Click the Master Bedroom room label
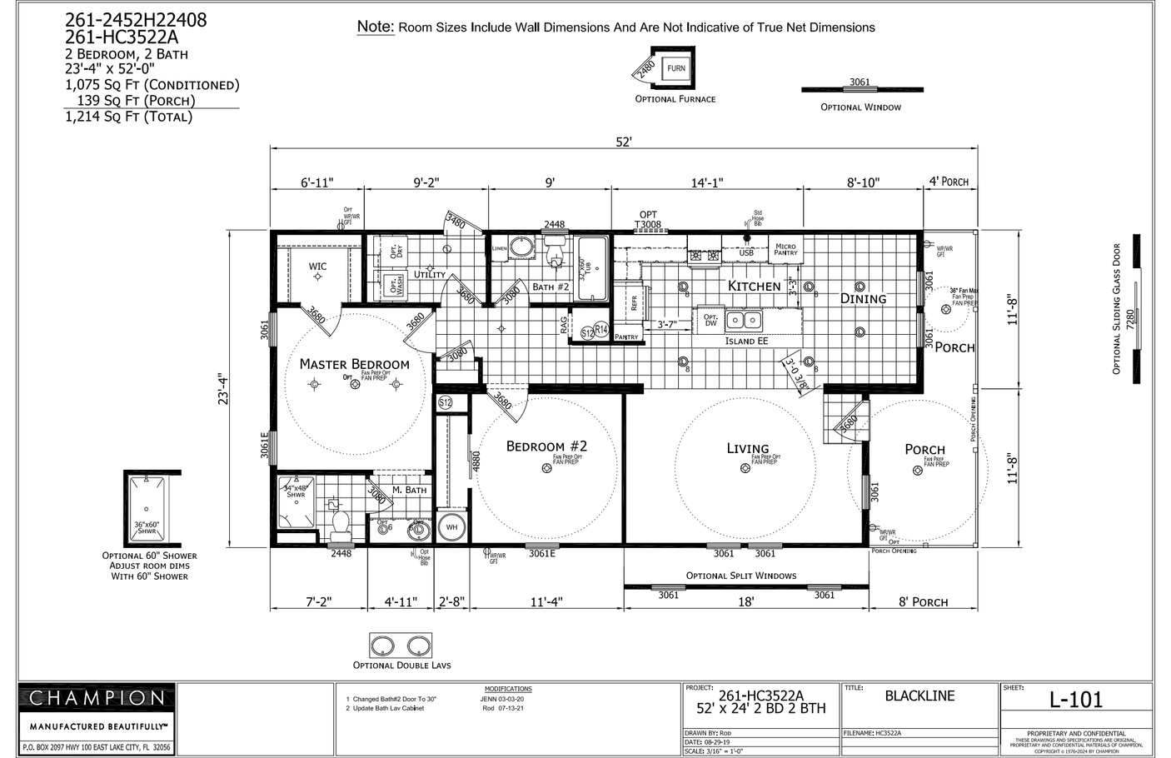[354, 364]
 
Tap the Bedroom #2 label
[546, 446]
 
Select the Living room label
[747, 448]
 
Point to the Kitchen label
[754, 286]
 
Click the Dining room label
[863, 298]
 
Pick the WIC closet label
[317, 267]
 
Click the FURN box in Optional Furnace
[675, 68]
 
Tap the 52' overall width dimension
[624, 142]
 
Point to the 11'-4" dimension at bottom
[546, 602]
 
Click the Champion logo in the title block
[97, 698]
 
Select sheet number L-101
[1075, 700]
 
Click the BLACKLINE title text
[919, 696]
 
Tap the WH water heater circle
[451, 527]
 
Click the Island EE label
[746, 341]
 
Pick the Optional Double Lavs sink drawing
[401, 646]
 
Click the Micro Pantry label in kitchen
[785, 249]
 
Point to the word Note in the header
[375, 26]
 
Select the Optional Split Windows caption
[740, 576]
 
